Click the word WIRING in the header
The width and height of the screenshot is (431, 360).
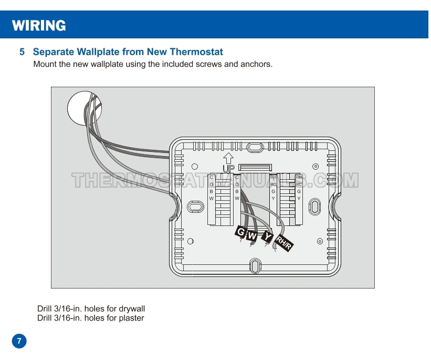(x=39, y=25)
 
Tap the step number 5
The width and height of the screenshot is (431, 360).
(x=22, y=52)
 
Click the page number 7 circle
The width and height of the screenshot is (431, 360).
(x=19, y=341)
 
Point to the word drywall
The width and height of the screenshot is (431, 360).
(x=132, y=308)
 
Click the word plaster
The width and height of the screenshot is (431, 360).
(x=131, y=318)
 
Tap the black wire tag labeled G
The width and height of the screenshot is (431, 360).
(x=241, y=232)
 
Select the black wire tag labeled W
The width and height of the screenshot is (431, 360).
(x=253, y=236)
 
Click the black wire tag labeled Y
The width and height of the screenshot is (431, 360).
(x=268, y=237)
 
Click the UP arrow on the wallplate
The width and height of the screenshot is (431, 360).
(x=228, y=158)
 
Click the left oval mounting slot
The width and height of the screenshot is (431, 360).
(x=194, y=207)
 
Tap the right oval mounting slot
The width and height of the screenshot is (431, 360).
(x=314, y=206)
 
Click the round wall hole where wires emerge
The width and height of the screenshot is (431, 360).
(x=84, y=109)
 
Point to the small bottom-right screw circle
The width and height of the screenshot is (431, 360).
(x=320, y=241)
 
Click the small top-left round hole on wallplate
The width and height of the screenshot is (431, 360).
(x=195, y=166)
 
